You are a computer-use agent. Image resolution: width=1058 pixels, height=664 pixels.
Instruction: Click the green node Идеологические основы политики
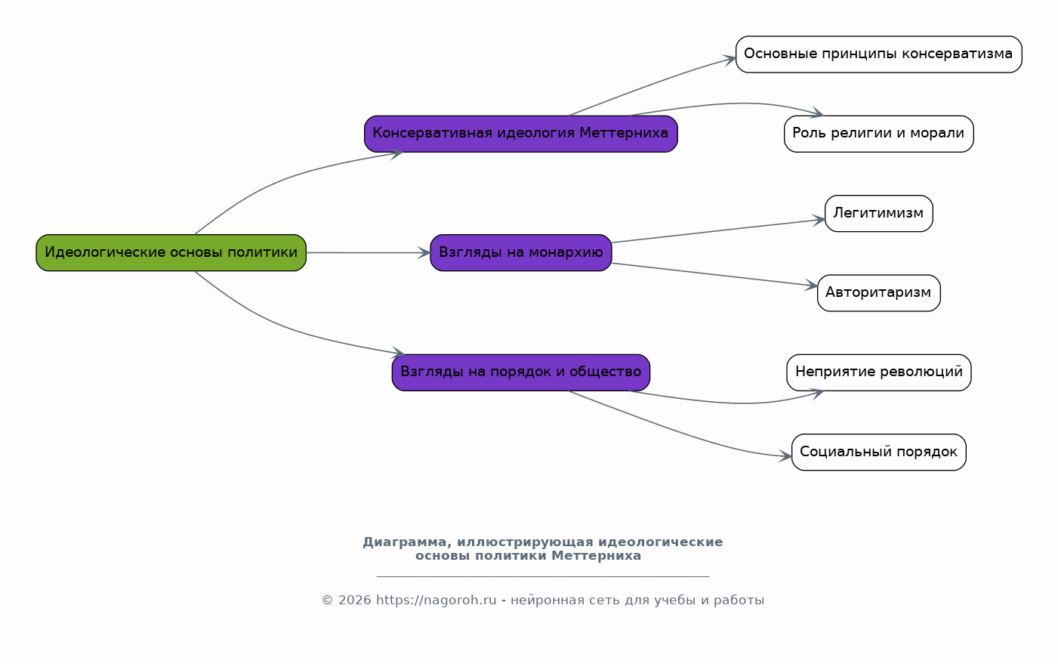click(171, 253)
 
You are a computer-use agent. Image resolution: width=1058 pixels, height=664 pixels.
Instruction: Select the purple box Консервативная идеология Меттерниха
click(521, 134)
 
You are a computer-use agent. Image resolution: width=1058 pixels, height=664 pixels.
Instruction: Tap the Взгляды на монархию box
click(521, 253)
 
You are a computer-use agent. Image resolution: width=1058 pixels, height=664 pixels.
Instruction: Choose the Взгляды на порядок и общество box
click(521, 372)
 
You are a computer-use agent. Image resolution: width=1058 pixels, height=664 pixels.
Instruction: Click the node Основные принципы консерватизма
click(878, 54)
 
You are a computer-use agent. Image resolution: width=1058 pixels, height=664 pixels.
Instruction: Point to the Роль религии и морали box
click(878, 134)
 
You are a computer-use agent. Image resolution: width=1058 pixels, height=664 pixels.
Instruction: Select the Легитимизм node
click(878, 214)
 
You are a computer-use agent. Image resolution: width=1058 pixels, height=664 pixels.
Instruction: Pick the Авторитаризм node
click(878, 293)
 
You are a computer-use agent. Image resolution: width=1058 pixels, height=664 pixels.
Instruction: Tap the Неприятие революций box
click(878, 372)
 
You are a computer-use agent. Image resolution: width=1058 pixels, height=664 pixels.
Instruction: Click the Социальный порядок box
click(878, 452)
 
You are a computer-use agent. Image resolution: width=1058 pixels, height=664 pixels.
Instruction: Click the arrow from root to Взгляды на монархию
click(369, 253)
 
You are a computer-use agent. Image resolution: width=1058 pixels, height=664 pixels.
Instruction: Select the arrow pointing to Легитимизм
click(718, 231)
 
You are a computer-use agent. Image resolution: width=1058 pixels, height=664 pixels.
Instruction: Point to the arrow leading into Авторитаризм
click(714, 274)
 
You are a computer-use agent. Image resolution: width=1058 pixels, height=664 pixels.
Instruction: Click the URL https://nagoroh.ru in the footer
click(436, 601)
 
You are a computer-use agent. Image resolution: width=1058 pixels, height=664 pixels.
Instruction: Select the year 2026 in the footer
click(354, 601)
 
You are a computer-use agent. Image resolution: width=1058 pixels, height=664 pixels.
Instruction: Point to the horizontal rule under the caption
click(543, 576)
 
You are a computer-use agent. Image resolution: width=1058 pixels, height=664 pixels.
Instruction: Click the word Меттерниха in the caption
click(596, 556)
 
